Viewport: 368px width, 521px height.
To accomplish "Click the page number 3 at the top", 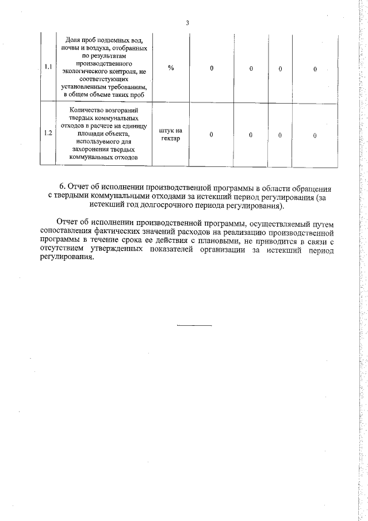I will [x=187, y=23].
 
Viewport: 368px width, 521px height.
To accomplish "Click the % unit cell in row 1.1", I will [x=171, y=69].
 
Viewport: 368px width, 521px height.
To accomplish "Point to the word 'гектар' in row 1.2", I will [x=171, y=139].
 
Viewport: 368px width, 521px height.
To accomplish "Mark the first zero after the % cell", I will [x=211, y=69].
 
